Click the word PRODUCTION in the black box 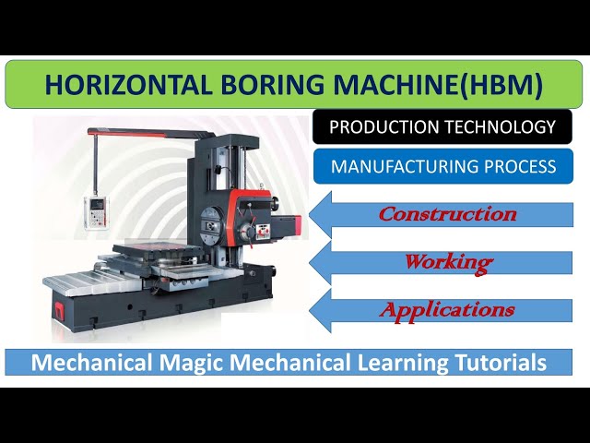382,126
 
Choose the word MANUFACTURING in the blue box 398,166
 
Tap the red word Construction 447,214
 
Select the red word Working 447,262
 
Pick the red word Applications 447,309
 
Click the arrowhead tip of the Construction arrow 311,214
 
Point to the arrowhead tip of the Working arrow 311,262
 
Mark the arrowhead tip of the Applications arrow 311,310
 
